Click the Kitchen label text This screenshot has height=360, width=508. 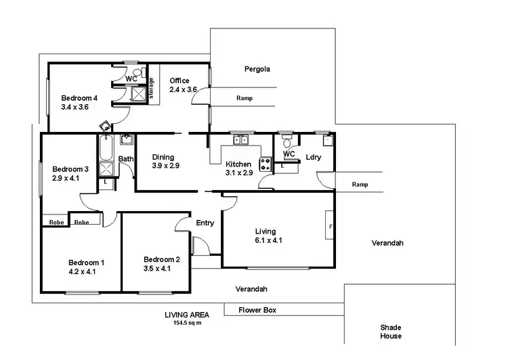[238, 164]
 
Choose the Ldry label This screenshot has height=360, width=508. [314, 157]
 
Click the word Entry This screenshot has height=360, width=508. [205, 223]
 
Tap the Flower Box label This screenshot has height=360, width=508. [257, 311]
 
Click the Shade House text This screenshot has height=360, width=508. [390, 331]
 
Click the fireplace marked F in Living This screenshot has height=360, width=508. [330, 227]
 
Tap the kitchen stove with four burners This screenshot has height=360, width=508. [265, 163]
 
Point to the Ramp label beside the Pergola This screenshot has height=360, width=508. [245, 98]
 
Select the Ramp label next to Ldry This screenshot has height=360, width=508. [360, 184]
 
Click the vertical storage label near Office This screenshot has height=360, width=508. [152, 89]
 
